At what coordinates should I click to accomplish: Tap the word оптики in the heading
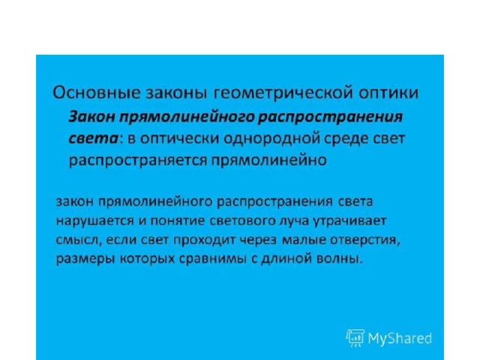point(388,93)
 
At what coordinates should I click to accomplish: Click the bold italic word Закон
point(91,117)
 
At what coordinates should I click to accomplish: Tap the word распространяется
point(138,160)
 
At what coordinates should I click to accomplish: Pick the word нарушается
point(95,221)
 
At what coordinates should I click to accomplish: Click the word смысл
point(79,240)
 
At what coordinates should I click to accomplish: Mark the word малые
point(304,240)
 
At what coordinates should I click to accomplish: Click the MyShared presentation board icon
point(355,338)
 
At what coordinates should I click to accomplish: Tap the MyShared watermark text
point(400,339)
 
